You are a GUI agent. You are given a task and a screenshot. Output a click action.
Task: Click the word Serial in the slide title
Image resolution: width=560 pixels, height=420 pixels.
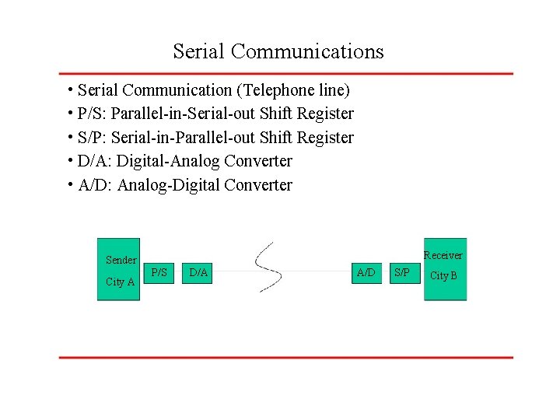[x=199, y=51]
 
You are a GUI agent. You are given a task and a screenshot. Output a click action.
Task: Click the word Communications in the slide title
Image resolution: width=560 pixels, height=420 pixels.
[x=307, y=51]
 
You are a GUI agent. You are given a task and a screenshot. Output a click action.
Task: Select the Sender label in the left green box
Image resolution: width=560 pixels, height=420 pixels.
[x=121, y=260]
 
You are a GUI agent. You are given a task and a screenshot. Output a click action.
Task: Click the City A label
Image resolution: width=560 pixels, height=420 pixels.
[x=120, y=282]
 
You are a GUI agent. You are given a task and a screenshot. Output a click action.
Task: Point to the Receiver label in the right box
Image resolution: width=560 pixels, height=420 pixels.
[x=443, y=255]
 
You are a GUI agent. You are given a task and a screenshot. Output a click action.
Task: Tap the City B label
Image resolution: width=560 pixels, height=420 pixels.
[x=443, y=275]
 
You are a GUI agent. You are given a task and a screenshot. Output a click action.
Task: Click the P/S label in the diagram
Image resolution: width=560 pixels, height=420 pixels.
[x=159, y=272]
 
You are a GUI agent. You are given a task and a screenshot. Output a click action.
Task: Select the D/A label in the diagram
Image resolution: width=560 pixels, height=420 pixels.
[x=198, y=272]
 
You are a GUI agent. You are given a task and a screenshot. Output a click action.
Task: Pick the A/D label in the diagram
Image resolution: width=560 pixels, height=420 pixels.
[x=366, y=272]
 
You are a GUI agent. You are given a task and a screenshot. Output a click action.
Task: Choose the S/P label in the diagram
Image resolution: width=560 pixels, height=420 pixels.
[x=402, y=272]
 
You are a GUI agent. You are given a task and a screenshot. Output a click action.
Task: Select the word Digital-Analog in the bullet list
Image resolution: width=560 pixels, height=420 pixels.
[x=169, y=161]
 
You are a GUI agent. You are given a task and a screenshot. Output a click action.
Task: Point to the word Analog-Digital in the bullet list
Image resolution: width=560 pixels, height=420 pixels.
[x=169, y=185]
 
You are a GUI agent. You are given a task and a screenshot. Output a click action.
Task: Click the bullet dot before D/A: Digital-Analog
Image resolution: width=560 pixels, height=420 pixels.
[x=70, y=160]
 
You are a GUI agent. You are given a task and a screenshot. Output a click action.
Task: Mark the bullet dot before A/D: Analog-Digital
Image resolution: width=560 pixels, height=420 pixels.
[x=70, y=184]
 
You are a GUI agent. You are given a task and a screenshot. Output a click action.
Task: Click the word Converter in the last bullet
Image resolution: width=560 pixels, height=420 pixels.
[x=258, y=185]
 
